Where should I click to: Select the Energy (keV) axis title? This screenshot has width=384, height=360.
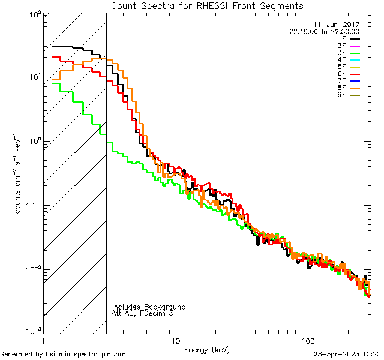click(207, 350)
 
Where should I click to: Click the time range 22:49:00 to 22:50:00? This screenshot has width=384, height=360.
click(324, 31)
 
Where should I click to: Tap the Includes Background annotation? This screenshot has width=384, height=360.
click(149, 307)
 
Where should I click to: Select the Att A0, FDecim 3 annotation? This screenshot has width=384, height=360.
click(143, 313)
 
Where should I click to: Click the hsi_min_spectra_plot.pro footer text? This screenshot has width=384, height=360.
click(85, 355)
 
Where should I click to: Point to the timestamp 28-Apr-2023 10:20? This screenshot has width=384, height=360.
click(347, 355)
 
